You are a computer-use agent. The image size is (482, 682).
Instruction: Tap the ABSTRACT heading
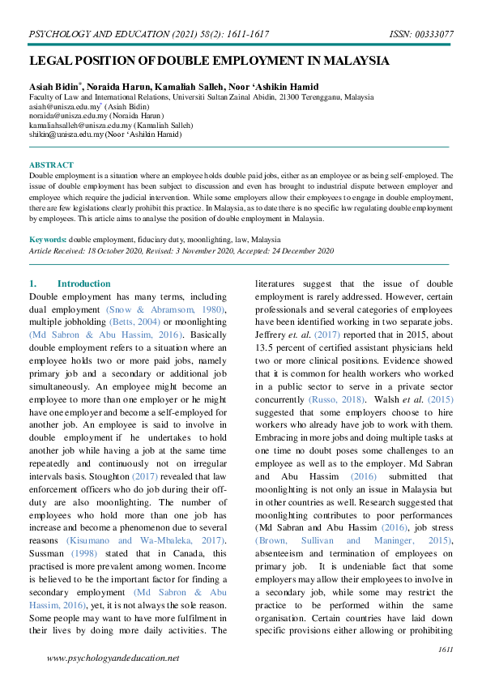(51, 165)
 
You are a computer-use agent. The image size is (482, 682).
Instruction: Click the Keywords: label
(48, 240)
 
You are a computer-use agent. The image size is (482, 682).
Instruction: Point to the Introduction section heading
(84, 283)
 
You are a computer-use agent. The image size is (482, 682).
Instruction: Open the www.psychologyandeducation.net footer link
(113, 659)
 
